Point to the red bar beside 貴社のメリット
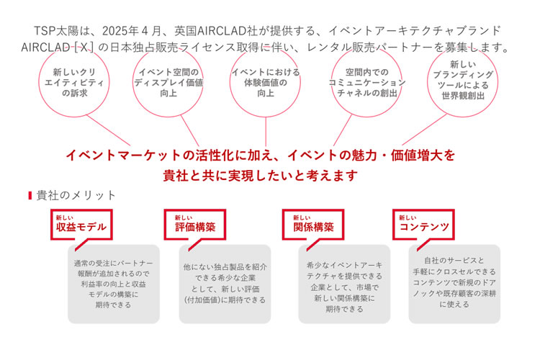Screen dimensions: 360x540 click(30, 195)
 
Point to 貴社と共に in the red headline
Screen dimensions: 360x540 click(194, 174)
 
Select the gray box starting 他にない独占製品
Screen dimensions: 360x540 click(225, 283)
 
